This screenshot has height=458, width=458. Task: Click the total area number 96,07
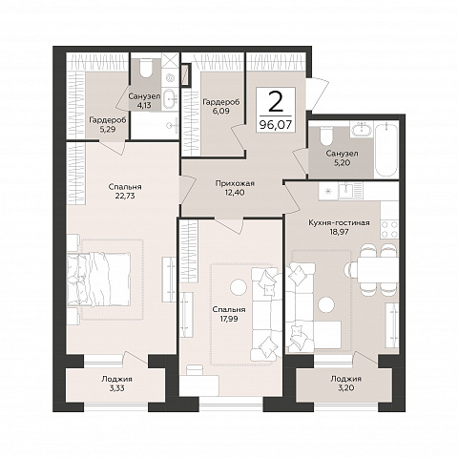pos(276,125)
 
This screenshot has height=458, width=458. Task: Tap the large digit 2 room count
pos(276,102)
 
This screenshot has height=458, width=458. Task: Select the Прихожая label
pos(235,183)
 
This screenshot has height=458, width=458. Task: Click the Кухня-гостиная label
pos(339,222)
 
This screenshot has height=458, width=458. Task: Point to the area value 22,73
pos(125,196)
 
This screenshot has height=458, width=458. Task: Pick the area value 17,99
pos(229,318)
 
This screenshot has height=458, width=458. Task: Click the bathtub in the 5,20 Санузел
pos(386,150)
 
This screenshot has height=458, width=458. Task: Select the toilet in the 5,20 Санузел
pos(325,135)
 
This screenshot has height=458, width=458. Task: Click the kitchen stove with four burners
pos(389,229)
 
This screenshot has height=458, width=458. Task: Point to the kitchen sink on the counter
pos(344,191)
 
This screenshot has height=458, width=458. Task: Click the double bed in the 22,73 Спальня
pos(98,280)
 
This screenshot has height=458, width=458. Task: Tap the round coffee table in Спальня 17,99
pos(238,287)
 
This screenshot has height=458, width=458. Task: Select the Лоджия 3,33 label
pos(116,384)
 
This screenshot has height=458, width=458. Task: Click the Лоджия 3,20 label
pos(345,384)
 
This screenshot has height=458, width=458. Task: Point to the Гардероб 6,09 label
pos(221,107)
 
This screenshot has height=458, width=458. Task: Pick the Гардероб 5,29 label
pos(108,124)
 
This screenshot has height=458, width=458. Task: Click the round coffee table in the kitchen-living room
pos(326,304)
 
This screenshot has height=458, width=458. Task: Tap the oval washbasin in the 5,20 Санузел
pos(362,130)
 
